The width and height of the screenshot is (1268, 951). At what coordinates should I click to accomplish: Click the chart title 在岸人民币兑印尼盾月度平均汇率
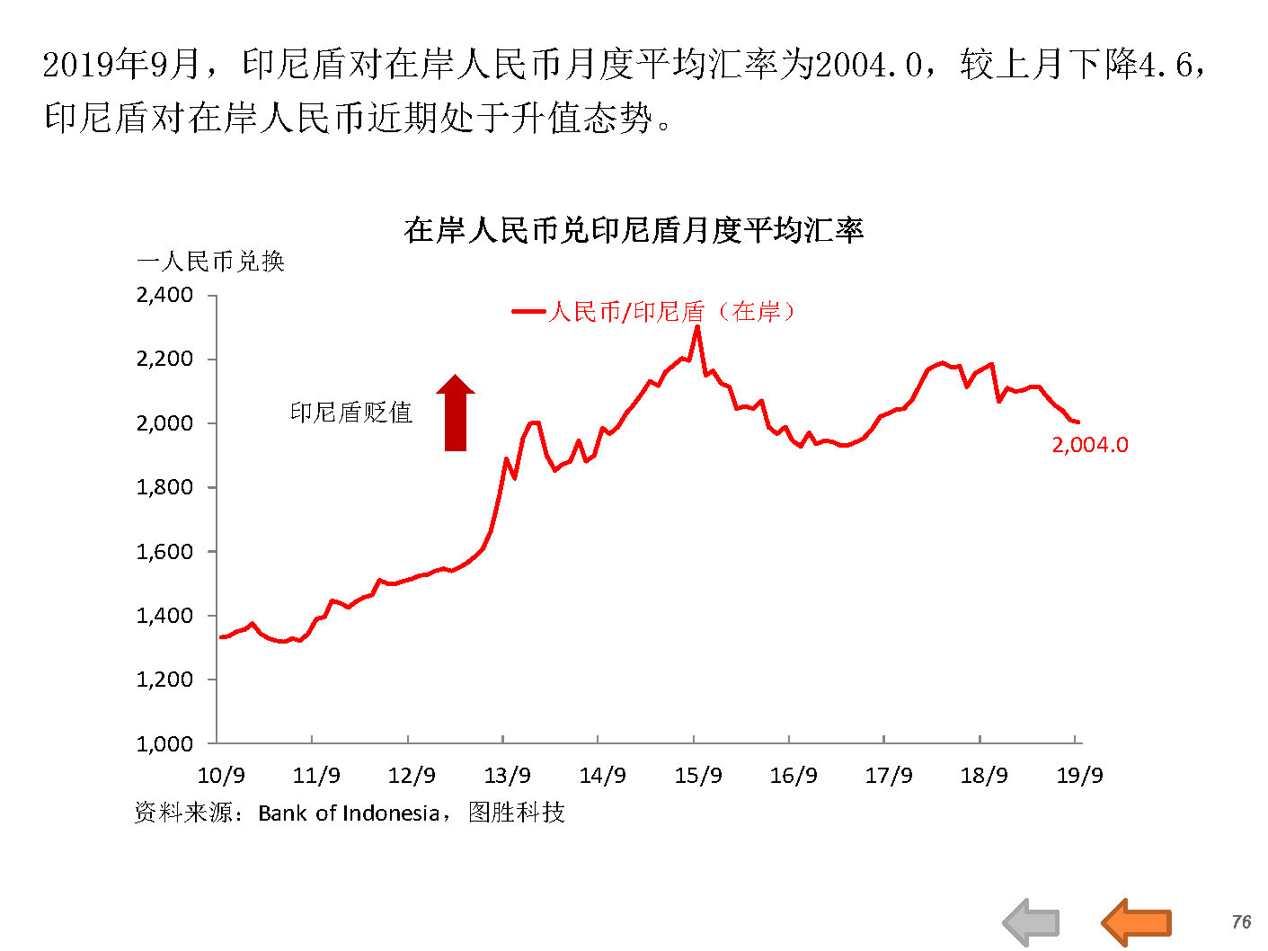click(634, 230)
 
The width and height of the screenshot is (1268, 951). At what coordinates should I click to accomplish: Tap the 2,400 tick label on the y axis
click(165, 295)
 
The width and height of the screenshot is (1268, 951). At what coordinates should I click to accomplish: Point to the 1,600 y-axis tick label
click(165, 552)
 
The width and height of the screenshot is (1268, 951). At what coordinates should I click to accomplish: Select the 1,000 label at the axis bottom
click(165, 743)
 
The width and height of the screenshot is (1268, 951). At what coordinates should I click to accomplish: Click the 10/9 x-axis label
click(221, 775)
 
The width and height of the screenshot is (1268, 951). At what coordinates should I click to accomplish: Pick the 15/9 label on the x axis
click(698, 775)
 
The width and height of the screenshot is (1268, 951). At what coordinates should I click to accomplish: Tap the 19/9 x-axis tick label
click(1079, 775)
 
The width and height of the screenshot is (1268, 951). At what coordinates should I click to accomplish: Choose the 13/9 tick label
click(508, 775)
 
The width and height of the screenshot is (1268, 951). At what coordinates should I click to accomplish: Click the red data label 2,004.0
click(1090, 444)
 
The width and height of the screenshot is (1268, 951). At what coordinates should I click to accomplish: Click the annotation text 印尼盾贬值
click(351, 413)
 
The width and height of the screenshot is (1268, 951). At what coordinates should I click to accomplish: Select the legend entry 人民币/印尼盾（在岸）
click(670, 312)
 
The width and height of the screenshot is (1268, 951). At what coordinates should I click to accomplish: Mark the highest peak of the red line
click(697, 327)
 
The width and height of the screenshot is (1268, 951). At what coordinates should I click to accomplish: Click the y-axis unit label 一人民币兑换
click(210, 262)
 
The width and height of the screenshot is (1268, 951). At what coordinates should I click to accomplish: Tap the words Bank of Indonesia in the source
click(348, 813)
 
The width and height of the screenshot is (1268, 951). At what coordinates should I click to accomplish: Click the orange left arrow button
click(1136, 921)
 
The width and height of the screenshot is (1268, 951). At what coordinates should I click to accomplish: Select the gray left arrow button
click(1032, 922)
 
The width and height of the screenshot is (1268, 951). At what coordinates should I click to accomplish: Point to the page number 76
click(1241, 922)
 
